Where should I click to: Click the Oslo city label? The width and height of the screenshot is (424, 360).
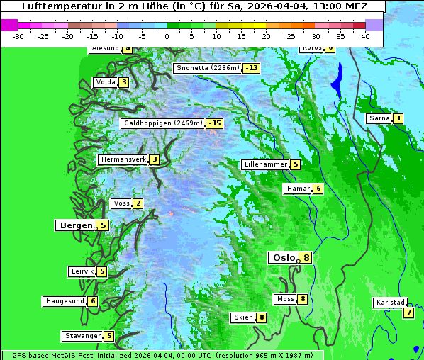tap(282, 258)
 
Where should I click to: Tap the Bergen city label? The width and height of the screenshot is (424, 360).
tap(76, 225)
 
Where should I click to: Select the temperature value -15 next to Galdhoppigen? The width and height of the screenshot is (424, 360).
tap(215, 123)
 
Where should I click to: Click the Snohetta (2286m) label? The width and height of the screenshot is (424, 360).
tap(207, 68)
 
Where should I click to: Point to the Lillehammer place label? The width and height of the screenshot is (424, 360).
tap(265, 164)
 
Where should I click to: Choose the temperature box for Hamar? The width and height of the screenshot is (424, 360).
tap(318, 189)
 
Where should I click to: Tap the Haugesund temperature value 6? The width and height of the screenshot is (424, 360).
tap(92, 301)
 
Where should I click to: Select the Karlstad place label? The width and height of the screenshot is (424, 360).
tap(390, 303)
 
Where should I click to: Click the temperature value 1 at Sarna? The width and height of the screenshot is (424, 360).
tap(398, 118)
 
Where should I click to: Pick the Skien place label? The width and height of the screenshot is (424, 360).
tap(242, 317)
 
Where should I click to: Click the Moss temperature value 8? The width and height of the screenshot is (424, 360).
tap(302, 299)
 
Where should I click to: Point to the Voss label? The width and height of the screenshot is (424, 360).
tap(121, 203)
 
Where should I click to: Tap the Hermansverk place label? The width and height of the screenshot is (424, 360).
tap(123, 159)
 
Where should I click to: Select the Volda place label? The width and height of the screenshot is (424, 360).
tap(105, 82)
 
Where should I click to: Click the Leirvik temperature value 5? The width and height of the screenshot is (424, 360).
tap(101, 271)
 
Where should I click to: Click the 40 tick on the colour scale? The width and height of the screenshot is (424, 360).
tap(365, 36)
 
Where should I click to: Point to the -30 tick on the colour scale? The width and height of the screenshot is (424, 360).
tap(18, 36)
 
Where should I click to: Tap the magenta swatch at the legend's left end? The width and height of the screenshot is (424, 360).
tap(10, 25)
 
